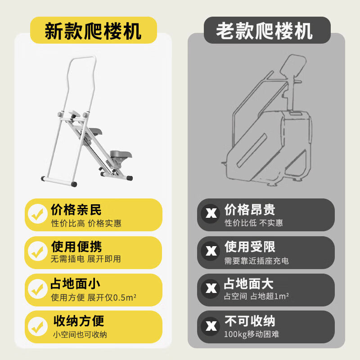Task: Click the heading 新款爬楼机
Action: click(93, 31)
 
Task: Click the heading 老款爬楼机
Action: click(265, 31)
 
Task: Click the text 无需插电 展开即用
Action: click(85, 259)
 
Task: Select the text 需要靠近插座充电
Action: click(256, 261)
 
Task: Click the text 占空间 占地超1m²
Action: click(256, 297)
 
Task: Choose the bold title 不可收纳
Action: click(250, 321)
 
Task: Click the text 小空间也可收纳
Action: click(80, 334)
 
